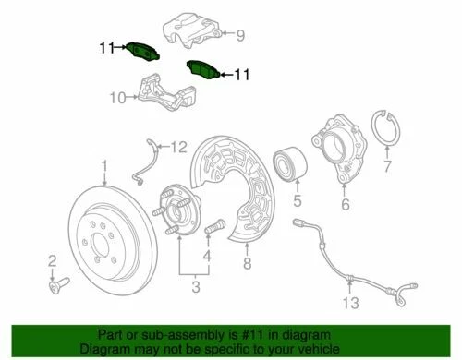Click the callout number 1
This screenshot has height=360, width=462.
click(104, 167)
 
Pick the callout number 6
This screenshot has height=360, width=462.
click(345, 205)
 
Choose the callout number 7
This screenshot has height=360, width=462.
click(387, 168)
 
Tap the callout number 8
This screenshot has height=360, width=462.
click(247, 264)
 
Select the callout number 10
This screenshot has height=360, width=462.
click(116, 96)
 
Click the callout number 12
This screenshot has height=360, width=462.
click(178, 146)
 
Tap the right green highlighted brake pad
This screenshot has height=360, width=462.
click(202, 70)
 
